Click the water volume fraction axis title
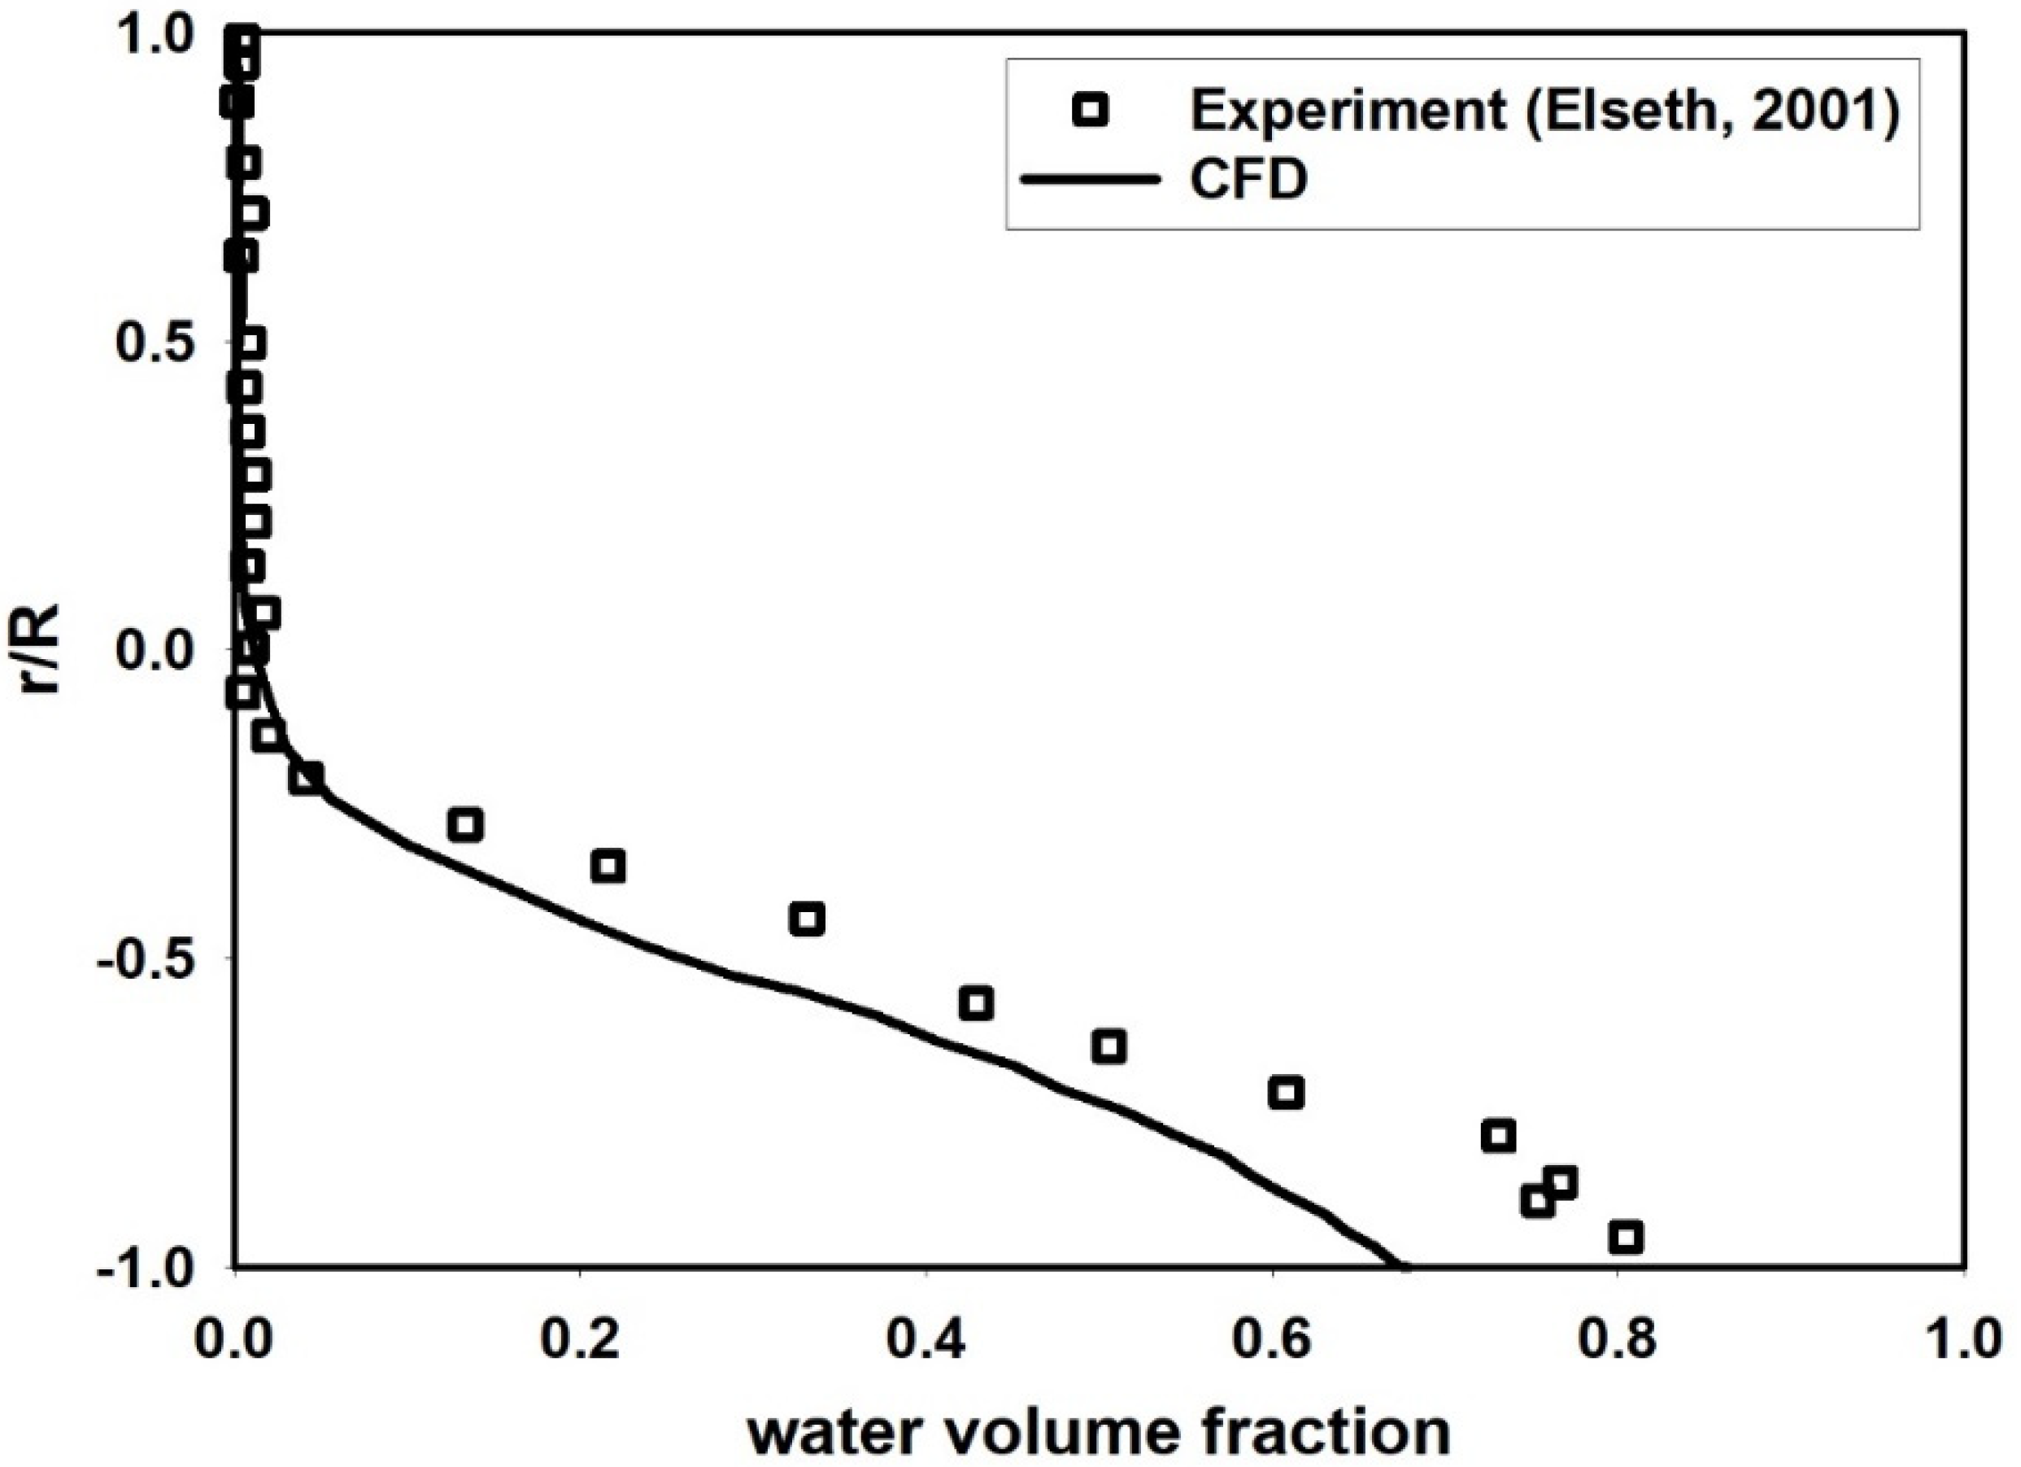(1098, 1431)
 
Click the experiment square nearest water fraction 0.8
(1626, 1236)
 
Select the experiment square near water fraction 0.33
(807, 919)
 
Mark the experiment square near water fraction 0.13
(464, 824)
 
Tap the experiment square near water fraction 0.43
(976, 1002)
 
